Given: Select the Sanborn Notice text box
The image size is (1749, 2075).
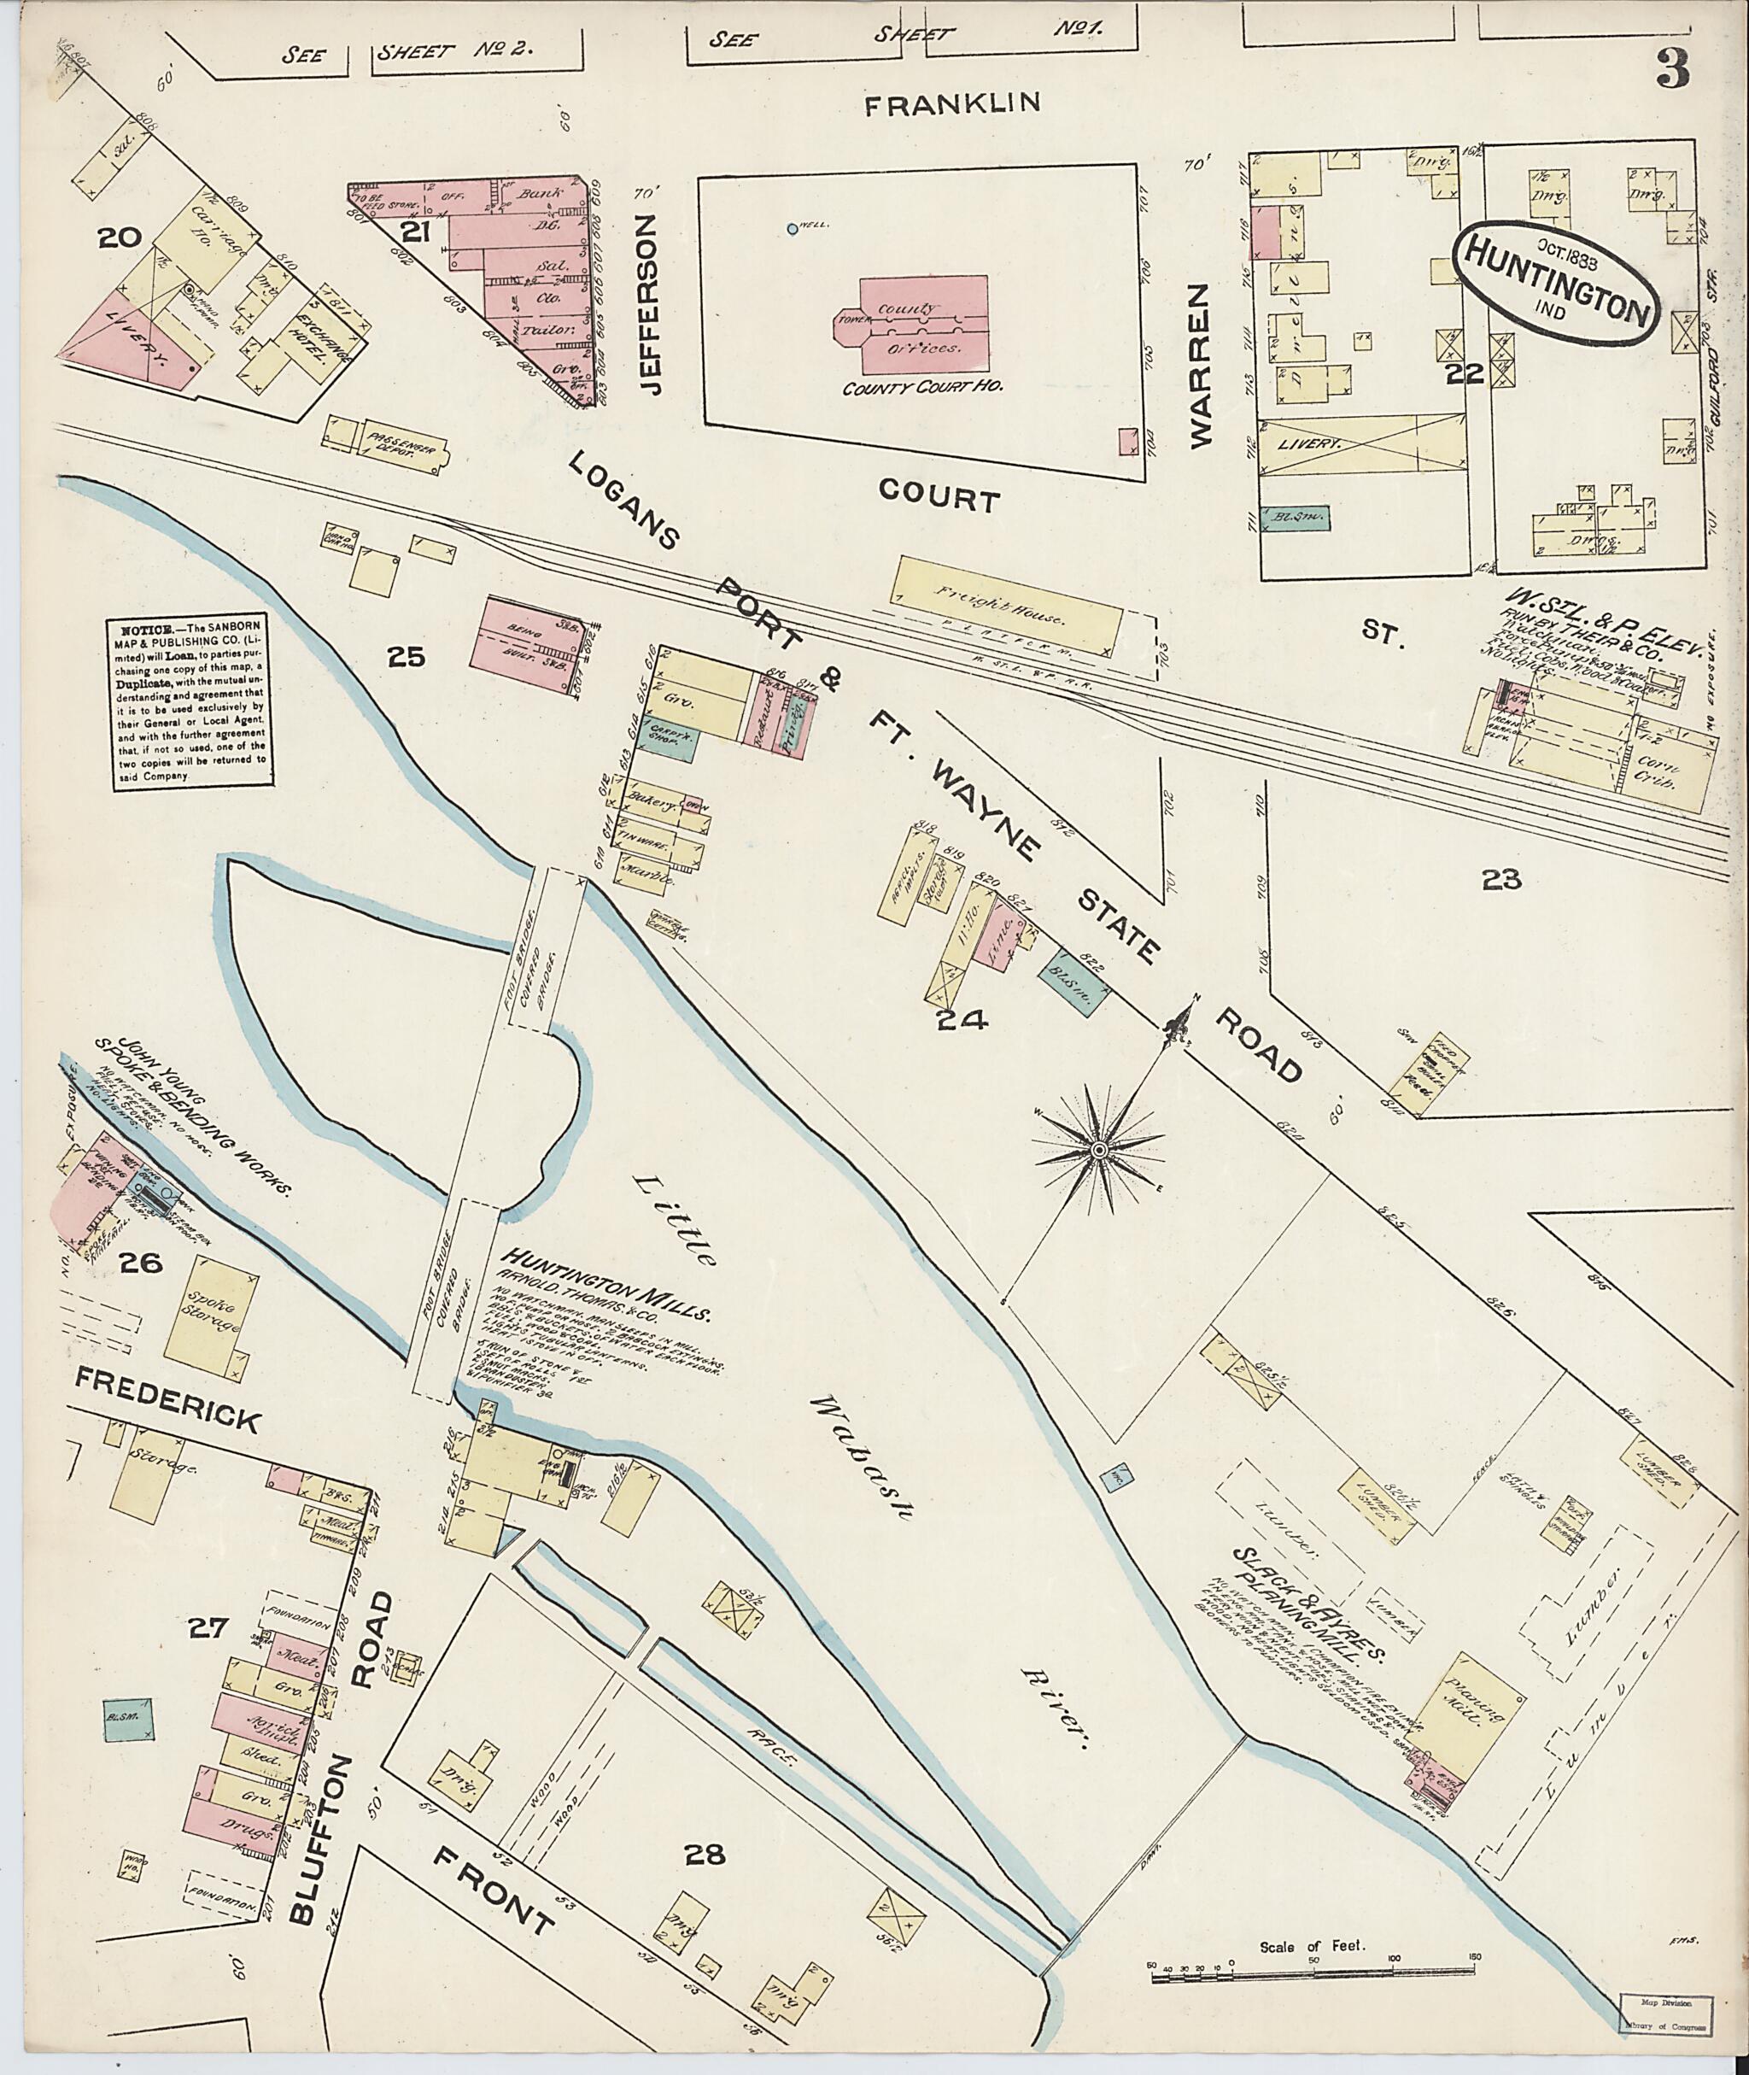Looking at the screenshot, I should pos(190,703).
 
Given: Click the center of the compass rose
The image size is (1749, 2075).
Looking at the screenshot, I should pos(1097,1150).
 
